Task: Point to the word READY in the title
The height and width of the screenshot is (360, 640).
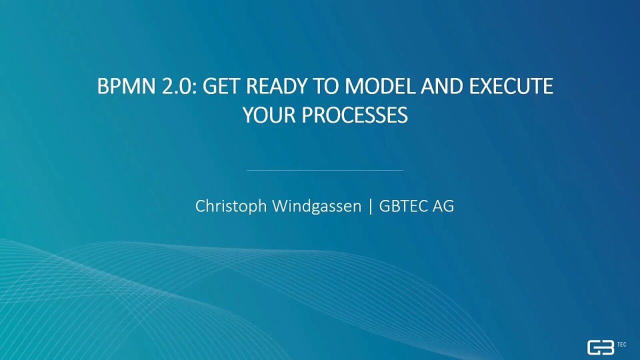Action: click(x=275, y=86)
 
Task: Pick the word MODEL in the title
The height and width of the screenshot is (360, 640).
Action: click(x=379, y=86)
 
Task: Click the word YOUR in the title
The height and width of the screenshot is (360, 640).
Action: click(x=269, y=115)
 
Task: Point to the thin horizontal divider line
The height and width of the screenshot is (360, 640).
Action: click(x=325, y=170)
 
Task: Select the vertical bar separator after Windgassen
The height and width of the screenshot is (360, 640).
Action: click(x=370, y=206)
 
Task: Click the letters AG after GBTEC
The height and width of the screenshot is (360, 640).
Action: click(x=443, y=206)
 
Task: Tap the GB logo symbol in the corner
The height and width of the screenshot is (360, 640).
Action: click(x=601, y=347)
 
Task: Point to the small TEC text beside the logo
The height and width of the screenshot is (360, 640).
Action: click(x=621, y=344)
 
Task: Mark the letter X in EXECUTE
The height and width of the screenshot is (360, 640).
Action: click(x=487, y=86)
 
